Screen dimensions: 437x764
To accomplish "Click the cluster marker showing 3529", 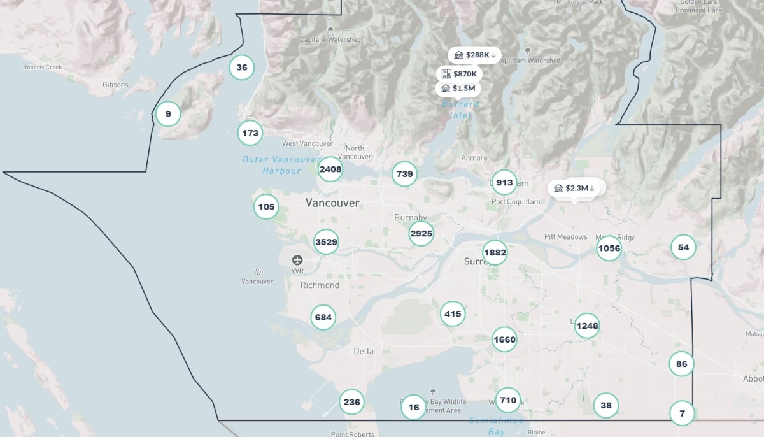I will pyautogui.click(x=326, y=242).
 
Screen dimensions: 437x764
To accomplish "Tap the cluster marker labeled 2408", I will pyautogui.click(x=330, y=169).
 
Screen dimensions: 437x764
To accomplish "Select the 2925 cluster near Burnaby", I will pyautogui.click(x=421, y=234).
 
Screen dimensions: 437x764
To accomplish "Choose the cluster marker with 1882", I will pyautogui.click(x=495, y=253).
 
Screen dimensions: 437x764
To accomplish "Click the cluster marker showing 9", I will pyautogui.click(x=168, y=115).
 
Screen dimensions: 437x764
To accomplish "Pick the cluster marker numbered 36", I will pyautogui.click(x=242, y=68).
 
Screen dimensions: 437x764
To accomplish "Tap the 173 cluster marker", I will pyautogui.click(x=250, y=133).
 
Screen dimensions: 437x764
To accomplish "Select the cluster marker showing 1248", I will pyautogui.click(x=587, y=326).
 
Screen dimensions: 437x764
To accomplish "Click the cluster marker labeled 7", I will pyautogui.click(x=682, y=413).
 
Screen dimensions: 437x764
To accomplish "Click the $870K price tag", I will pyautogui.click(x=459, y=74).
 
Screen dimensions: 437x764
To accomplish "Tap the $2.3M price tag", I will pyautogui.click(x=574, y=189).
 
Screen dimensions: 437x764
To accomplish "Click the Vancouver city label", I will pyautogui.click(x=332, y=203).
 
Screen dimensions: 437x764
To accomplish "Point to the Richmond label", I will pyautogui.click(x=320, y=285).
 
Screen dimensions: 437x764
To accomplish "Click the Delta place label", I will pyautogui.click(x=364, y=351).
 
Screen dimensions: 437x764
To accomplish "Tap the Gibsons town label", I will pyautogui.click(x=115, y=85).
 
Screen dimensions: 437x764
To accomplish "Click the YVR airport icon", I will pyautogui.click(x=297, y=261).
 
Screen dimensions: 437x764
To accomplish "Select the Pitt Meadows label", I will pyautogui.click(x=565, y=237).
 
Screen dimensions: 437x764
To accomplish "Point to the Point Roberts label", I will pyautogui.click(x=352, y=434).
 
